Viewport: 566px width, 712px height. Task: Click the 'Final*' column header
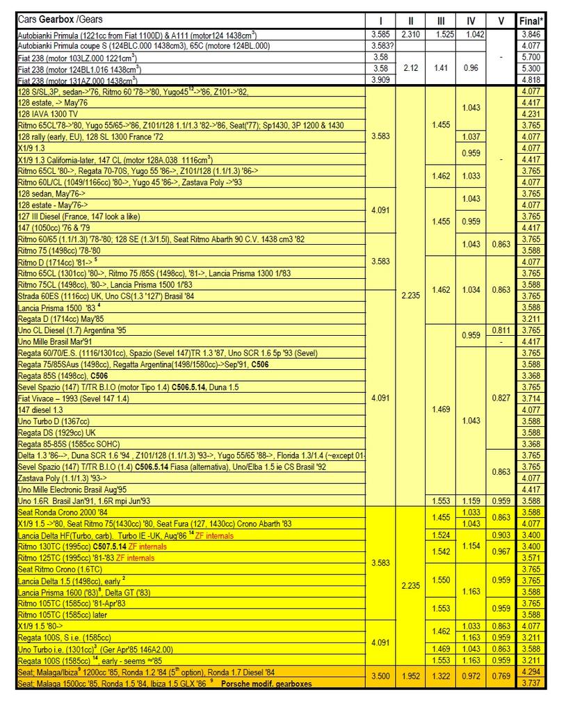click(x=531, y=20)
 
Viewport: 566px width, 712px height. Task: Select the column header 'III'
click(x=441, y=20)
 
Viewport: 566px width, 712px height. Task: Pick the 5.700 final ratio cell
click(x=531, y=57)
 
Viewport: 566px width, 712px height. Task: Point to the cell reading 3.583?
click(x=380, y=45)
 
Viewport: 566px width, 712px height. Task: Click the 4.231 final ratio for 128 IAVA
click(x=531, y=113)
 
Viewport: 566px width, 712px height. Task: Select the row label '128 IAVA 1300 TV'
click(x=48, y=113)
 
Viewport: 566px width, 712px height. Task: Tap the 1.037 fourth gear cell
click(x=471, y=136)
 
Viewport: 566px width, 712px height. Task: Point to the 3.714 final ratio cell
click(x=531, y=398)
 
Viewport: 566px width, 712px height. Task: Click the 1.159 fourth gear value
click(x=471, y=501)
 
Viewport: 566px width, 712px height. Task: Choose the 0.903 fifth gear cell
click(x=501, y=535)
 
